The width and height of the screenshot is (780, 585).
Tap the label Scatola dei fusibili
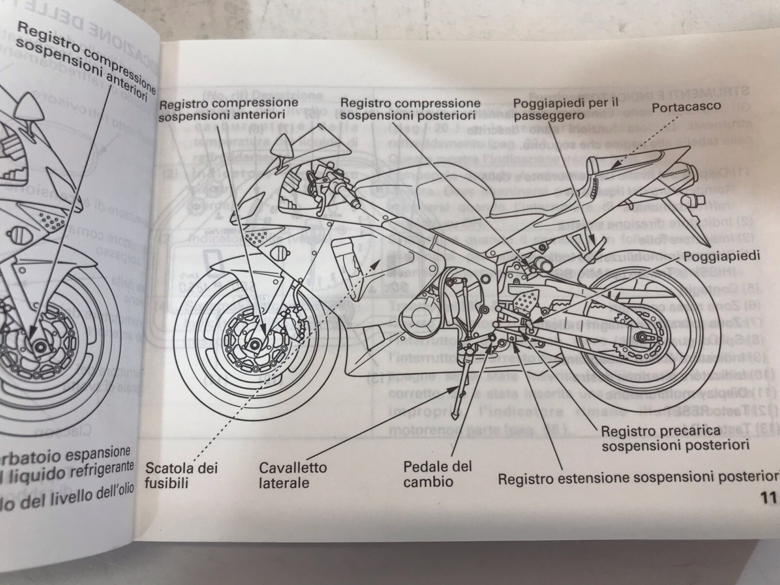pos(181,475)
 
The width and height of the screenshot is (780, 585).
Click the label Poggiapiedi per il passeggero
pos(565,110)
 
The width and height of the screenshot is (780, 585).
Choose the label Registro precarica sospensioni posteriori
pos(675,438)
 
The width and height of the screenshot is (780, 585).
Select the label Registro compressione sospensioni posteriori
pos(409,110)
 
